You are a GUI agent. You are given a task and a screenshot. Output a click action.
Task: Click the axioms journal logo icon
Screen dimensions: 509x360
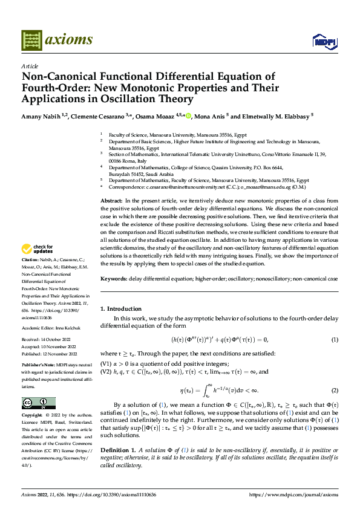[x=31, y=40]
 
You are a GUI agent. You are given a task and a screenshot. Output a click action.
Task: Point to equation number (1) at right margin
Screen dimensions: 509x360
[x=334, y=339]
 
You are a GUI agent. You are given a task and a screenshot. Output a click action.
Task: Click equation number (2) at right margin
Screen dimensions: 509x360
[x=334, y=390]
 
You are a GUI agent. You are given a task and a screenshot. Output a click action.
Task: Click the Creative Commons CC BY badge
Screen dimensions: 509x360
[x=38, y=403]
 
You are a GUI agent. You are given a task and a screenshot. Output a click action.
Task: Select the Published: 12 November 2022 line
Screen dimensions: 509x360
[x=50, y=354]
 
